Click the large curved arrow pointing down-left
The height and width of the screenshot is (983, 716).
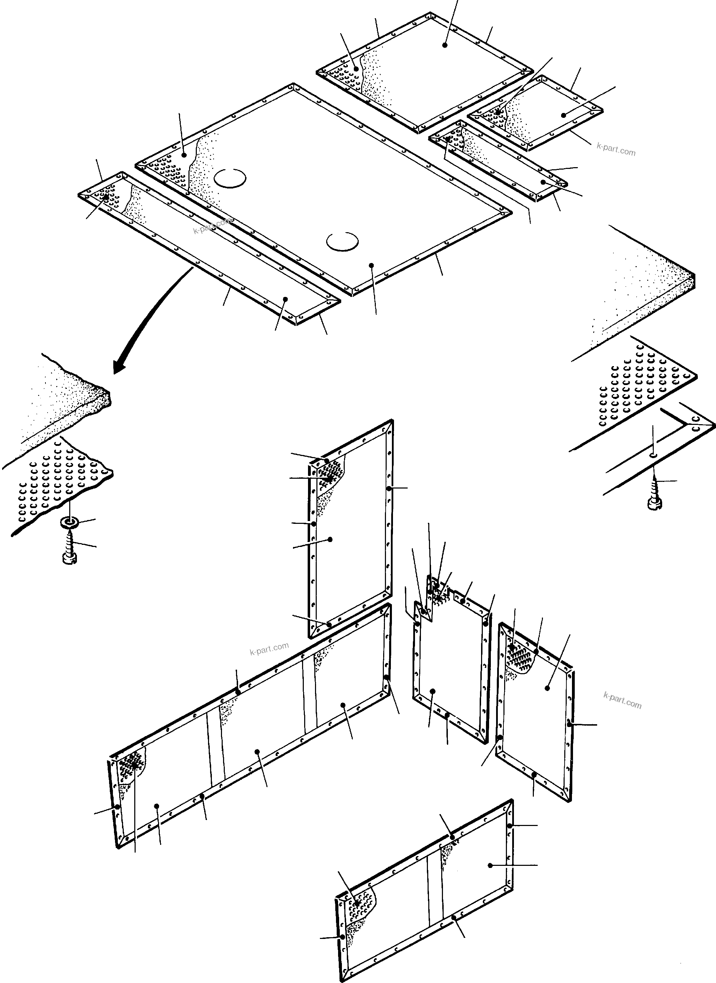143,321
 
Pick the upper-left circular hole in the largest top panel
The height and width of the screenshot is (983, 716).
230,178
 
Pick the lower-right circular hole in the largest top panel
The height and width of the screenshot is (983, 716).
342,241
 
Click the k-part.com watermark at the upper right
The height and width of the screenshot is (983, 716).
616,150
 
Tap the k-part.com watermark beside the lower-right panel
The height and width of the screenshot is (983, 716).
622,700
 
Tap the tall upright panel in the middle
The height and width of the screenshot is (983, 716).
351,529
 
